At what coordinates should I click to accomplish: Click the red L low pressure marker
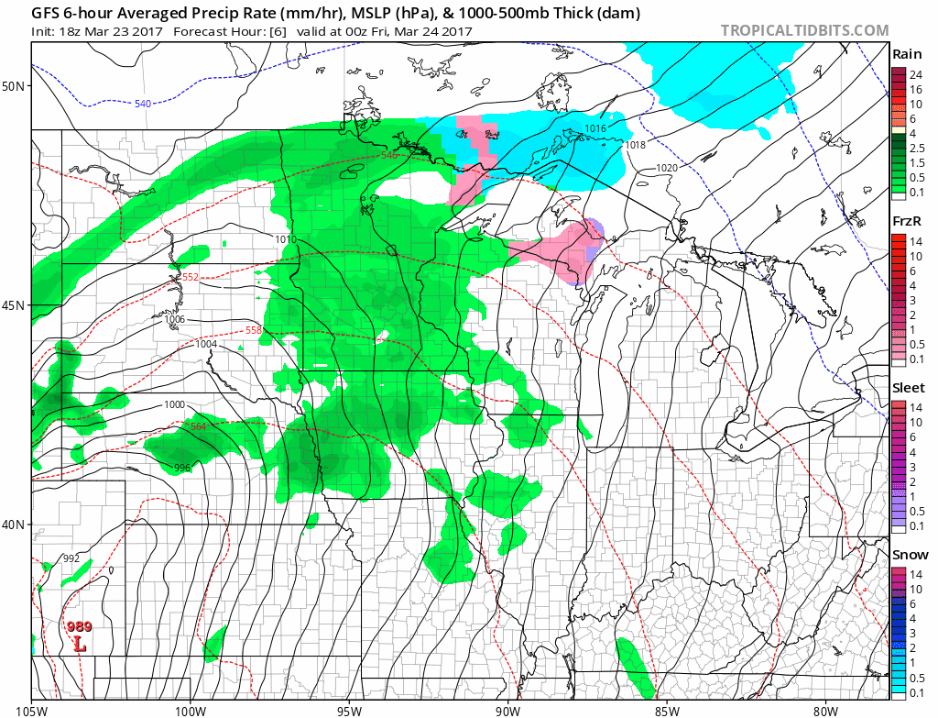point(80,645)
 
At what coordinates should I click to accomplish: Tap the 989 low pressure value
point(79,627)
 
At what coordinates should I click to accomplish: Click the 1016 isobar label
point(595,128)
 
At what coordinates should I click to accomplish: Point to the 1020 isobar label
point(667,168)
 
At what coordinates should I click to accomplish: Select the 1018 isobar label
point(635,145)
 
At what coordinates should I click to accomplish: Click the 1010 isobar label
point(286,239)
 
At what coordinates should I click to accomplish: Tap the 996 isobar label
point(182,468)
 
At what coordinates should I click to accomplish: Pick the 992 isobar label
point(71,558)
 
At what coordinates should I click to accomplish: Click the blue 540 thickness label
point(142,104)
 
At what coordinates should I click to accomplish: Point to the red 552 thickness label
point(190,277)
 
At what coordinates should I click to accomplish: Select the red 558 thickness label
point(254,330)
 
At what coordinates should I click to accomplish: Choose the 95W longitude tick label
point(349,709)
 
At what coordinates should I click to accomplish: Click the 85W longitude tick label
point(666,709)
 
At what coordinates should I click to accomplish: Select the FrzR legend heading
point(908,221)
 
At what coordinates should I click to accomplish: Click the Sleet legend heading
point(909,388)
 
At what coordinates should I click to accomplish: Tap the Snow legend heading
point(910,555)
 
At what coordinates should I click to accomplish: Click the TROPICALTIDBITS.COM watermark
point(804,30)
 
